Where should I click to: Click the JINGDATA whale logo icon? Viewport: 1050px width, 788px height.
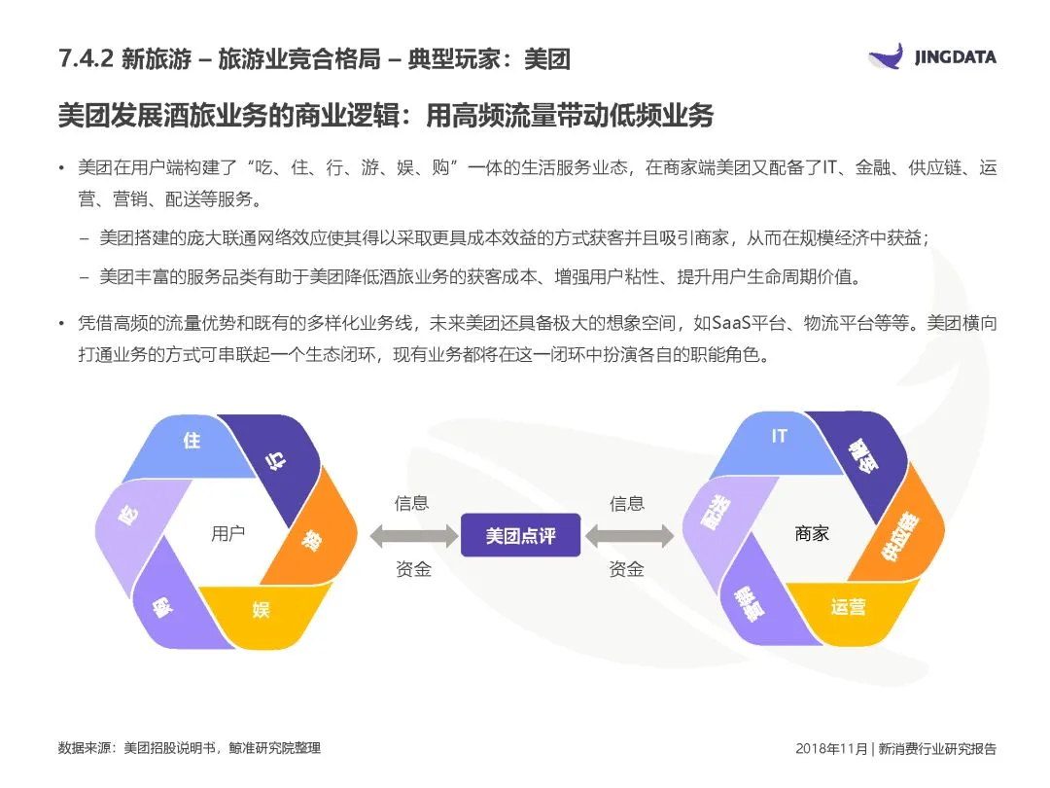coord(887,56)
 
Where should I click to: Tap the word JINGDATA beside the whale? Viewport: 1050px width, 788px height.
coord(955,57)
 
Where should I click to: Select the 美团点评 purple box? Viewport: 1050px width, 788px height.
coord(520,535)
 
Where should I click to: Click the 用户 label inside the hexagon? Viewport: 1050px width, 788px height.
coord(227,533)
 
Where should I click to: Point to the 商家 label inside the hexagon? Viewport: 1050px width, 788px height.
coord(812,533)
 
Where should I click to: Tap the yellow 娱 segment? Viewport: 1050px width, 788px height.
coord(261,610)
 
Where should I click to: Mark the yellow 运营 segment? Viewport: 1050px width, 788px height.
coord(848,607)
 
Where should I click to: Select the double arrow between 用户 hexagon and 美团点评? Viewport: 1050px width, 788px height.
coord(413,535)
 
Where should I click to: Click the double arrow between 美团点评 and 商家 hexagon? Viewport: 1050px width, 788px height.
coord(628,535)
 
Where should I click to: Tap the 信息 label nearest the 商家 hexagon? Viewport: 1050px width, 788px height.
coord(627,503)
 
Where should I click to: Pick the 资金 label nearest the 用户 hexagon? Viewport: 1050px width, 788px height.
coord(413,569)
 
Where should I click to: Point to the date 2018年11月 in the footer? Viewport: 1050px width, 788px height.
coord(829,748)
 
